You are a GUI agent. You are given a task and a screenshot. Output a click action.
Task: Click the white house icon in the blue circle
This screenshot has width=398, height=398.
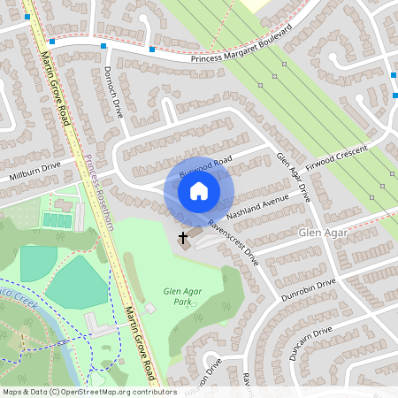[x=199, y=190]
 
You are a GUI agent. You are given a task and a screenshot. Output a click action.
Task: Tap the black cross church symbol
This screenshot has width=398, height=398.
[x=184, y=238]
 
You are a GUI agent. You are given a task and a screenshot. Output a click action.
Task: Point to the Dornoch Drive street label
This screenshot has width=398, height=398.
[x=111, y=93]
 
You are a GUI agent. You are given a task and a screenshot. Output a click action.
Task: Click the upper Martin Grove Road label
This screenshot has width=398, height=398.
[x=56, y=81]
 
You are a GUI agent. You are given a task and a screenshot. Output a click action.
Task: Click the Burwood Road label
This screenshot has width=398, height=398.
[x=204, y=168]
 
